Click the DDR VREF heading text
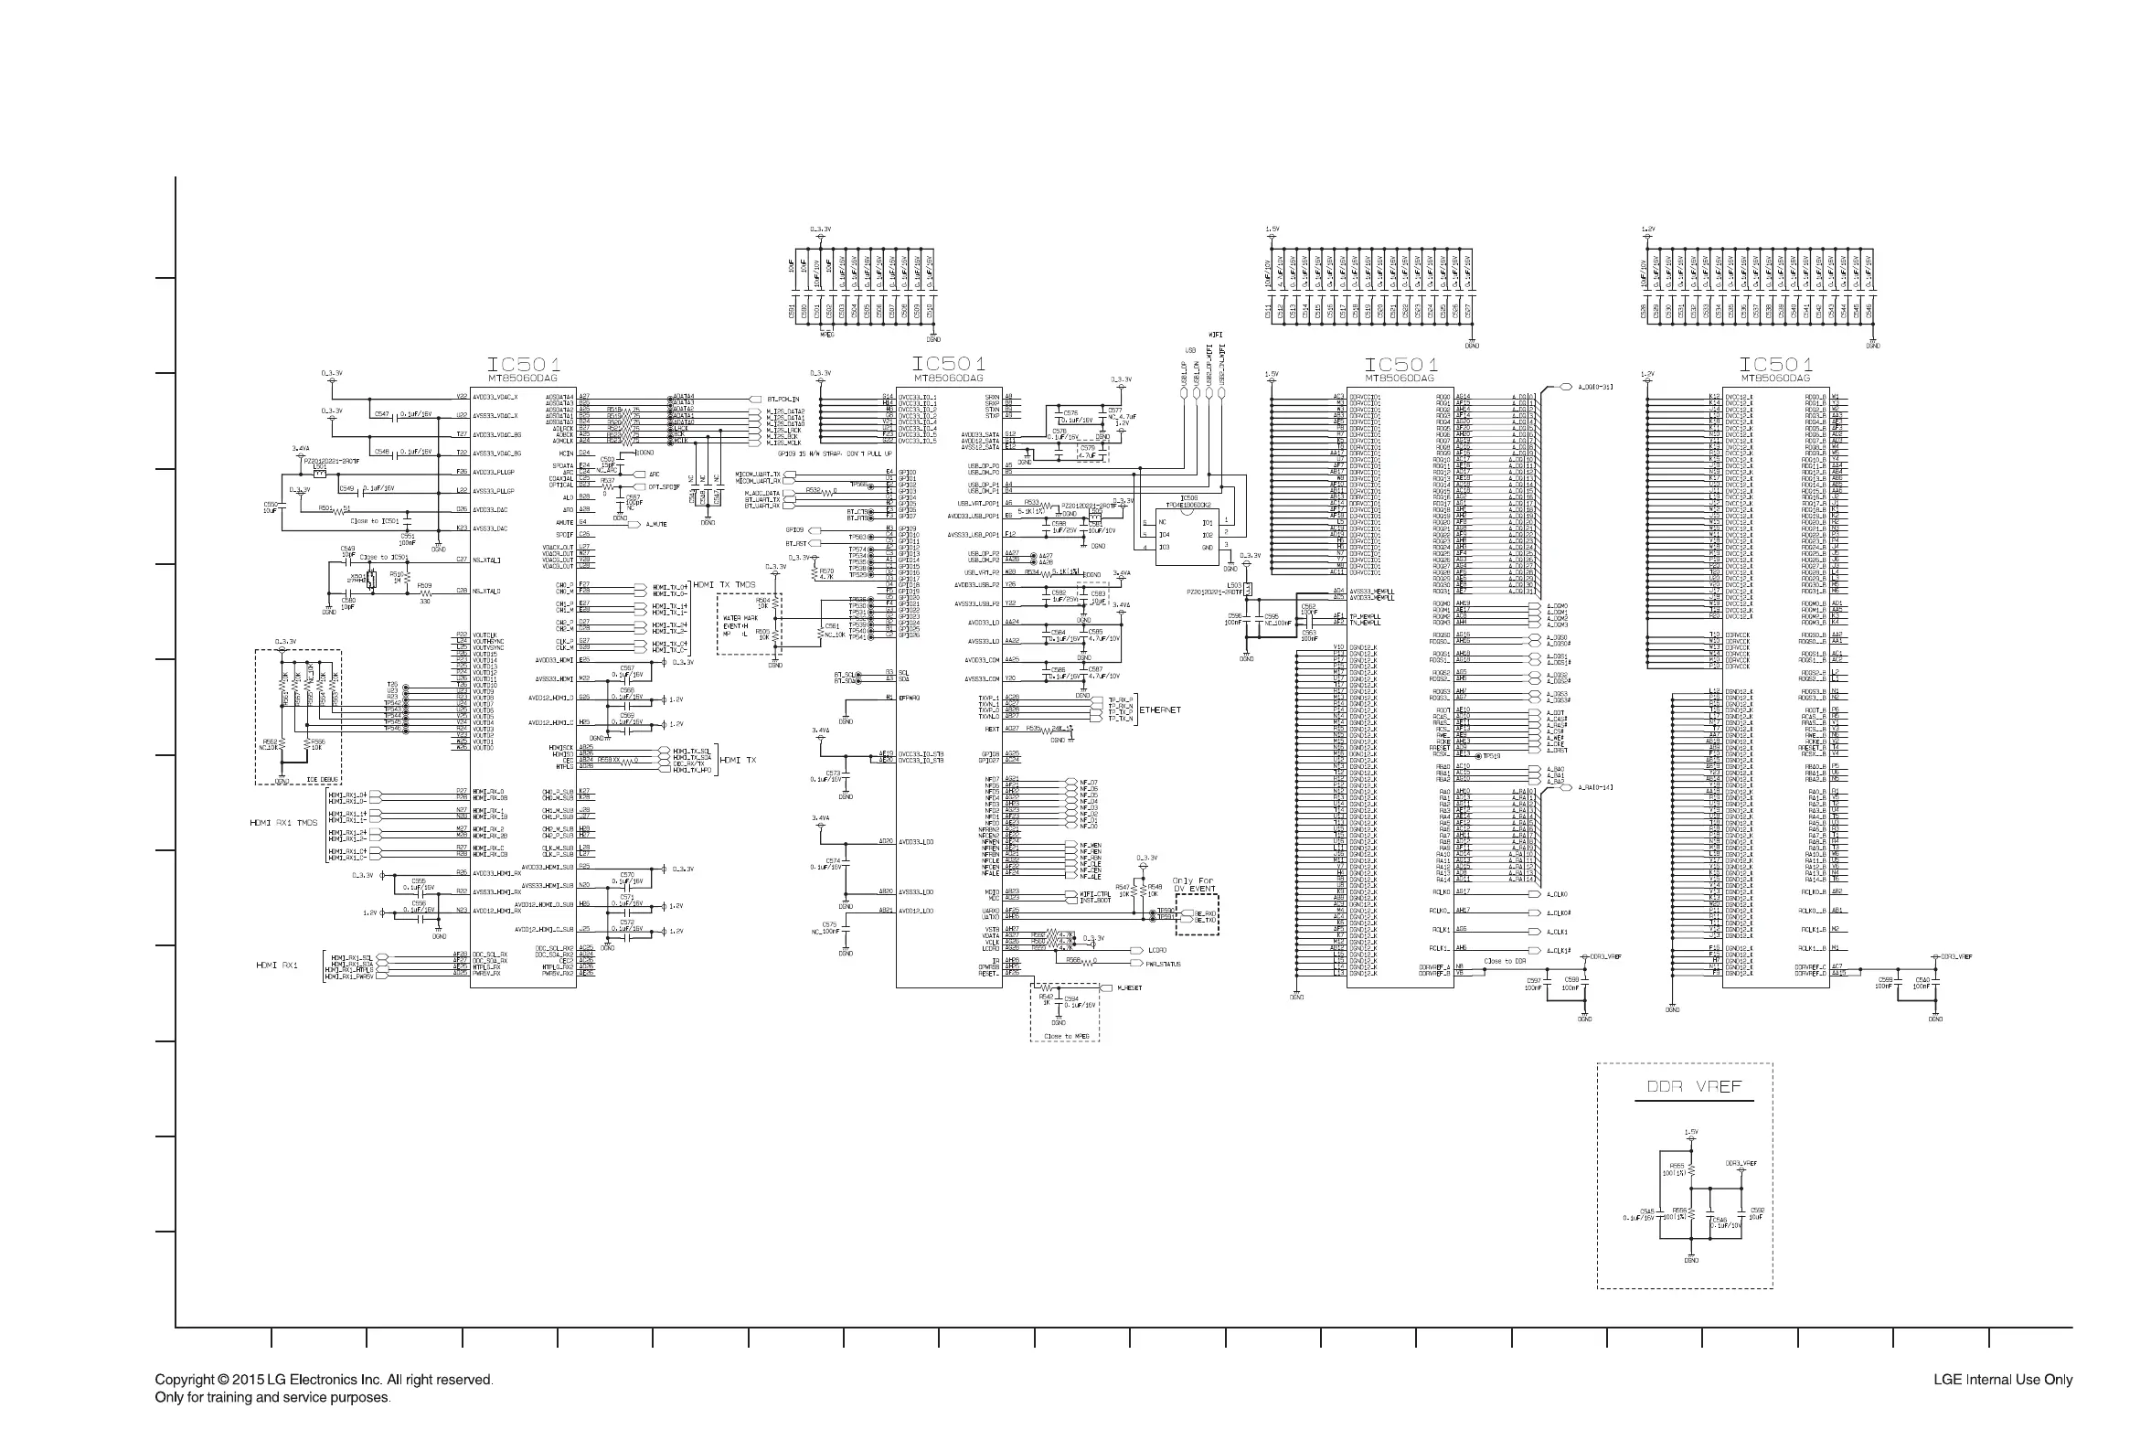pos(1694,1086)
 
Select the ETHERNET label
pos(1160,709)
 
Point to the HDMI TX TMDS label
pos(724,585)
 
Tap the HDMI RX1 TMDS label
pos(283,823)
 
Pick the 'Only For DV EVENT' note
pos(1195,885)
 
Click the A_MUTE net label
pos(656,525)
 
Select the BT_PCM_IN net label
pos(783,400)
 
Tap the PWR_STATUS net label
pos(1163,965)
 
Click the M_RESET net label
pos(1129,988)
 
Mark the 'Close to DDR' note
pos(1505,962)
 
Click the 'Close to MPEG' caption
pos(1066,1037)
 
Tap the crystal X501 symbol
pos(371,581)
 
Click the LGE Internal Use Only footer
pos(2002,1380)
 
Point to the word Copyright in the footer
pos(184,1380)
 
